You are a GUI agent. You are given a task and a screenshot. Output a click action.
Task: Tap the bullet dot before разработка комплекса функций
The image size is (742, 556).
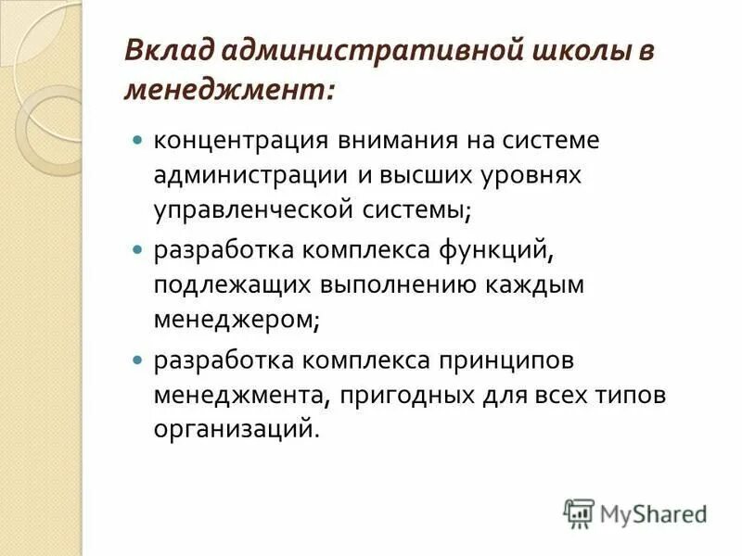(x=137, y=250)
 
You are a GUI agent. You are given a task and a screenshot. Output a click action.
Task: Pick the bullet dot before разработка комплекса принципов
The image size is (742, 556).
(x=137, y=358)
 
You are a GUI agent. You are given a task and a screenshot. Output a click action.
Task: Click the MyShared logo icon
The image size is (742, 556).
(x=579, y=512)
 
